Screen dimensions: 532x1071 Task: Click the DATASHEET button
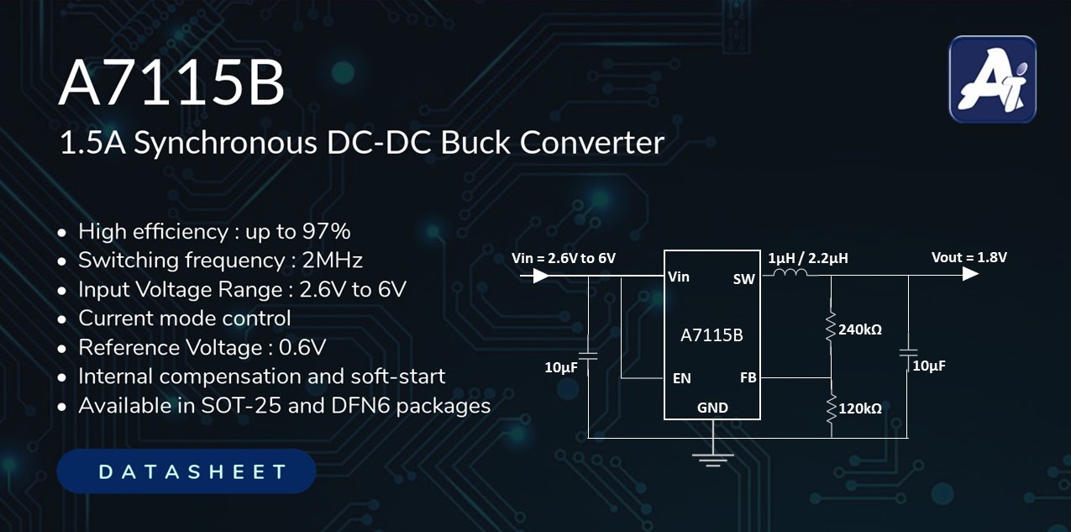point(186,471)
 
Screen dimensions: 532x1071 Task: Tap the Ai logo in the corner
point(992,80)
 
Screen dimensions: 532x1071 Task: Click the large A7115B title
point(171,86)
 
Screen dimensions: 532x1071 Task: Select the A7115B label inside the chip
point(711,335)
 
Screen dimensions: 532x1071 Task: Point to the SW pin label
point(743,279)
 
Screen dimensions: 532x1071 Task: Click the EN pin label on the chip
point(681,378)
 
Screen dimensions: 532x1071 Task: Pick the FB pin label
point(748,377)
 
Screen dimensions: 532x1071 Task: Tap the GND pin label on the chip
point(712,408)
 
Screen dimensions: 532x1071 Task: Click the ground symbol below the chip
point(712,459)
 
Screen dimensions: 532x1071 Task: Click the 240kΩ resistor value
point(860,329)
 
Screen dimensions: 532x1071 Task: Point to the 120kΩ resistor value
point(860,408)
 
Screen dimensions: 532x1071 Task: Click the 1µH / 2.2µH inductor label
point(807,258)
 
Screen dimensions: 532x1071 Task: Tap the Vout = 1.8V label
point(969,257)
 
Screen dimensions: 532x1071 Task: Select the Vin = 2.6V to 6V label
point(564,257)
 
